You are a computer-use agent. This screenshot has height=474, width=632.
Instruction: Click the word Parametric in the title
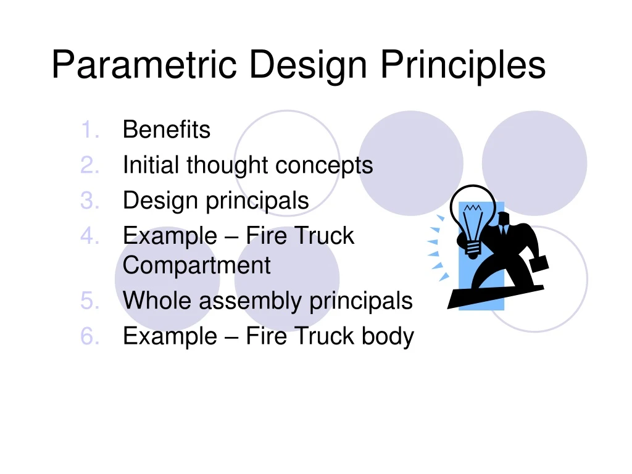pos(143,65)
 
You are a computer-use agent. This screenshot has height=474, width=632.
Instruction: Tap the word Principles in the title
pos(463,65)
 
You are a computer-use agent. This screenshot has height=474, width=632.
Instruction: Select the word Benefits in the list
pos(167,130)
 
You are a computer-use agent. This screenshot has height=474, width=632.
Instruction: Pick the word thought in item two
pos(228,165)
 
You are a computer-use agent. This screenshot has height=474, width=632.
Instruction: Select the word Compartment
pos(196,265)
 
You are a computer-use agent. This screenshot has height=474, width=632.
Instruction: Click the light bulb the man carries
pos(473,216)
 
